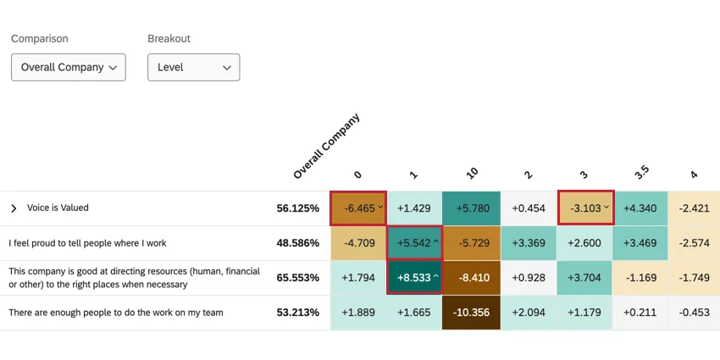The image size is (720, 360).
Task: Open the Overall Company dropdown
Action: [68, 67]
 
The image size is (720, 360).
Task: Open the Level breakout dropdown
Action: [193, 67]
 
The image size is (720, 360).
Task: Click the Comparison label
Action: [39, 39]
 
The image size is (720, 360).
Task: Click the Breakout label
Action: [169, 39]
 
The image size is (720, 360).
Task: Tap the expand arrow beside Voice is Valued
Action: [14, 208]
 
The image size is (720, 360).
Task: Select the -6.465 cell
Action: [357, 208]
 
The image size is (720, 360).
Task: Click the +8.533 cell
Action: [414, 278]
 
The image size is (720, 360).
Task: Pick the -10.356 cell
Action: [470, 313]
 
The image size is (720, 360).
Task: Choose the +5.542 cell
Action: [414, 243]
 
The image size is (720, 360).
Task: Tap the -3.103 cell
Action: [584, 208]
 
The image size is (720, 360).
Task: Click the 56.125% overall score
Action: [297, 208]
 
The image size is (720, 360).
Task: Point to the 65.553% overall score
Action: [297, 278]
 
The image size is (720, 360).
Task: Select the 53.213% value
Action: [297, 313]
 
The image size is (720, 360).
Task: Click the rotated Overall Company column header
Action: [326, 146]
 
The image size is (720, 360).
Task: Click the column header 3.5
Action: [641, 171]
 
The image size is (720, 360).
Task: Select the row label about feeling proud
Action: [87, 243]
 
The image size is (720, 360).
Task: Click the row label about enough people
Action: [116, 313]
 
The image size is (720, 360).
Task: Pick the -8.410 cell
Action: [470, 278]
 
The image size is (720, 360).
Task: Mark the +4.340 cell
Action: [640, 208]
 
